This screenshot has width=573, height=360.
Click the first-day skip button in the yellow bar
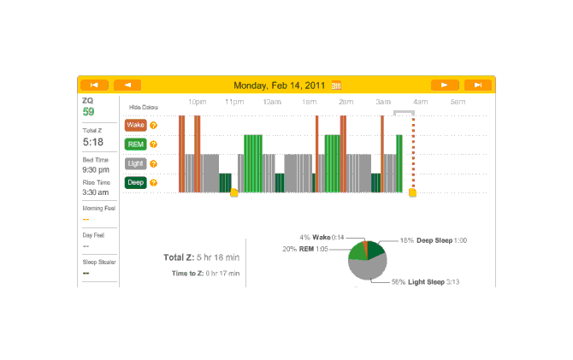pos(94,85)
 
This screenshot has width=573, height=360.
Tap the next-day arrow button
pos(445,85)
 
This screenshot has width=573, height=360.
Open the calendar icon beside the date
pos(336,86)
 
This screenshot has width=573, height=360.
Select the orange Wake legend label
pos(135,125)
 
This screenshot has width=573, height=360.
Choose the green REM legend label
pos(135,144)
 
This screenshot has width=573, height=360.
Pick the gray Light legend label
pos(135,163)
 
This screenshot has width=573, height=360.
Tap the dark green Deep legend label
pos(135,182)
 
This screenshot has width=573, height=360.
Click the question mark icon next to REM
pos(154,144)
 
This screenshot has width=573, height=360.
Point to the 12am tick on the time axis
pos(273,102)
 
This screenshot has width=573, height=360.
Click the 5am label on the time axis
pos(458,102)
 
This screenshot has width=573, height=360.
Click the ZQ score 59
pos(88,111)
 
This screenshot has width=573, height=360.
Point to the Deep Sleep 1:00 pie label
pos(434,241)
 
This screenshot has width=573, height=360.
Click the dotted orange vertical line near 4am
pos(413,154)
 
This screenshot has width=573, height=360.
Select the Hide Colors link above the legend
pos(143,107)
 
